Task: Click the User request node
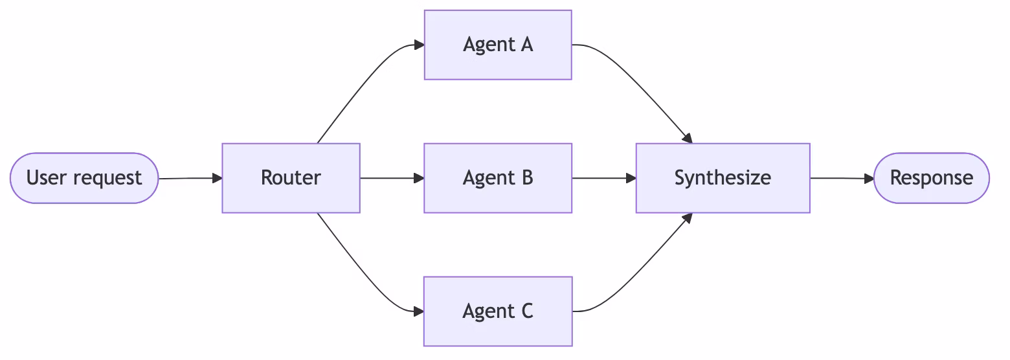(x=84, y=178)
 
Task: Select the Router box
(x=291, y=178)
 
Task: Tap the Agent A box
(x=497, y=45)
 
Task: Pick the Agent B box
(x=497, y=178)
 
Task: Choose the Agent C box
(x=497, y=311)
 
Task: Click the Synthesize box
(x=723, y=178)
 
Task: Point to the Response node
(x=931, y=178)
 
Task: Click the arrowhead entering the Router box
(x=217, y=178)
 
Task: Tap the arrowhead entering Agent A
(x=419, y=45)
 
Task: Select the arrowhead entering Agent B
(x=419, y=178)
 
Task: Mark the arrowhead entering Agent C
(x=419, y=311)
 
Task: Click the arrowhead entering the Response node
(x=869, y=178)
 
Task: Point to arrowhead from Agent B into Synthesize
(x=631, y=178)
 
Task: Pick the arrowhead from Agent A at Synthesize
(x=688, y=139)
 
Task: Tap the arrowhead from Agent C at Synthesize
(x=688, y=218)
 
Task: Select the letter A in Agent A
(x=526, y=45)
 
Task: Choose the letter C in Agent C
(x=526, y=311)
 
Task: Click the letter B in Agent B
(x=526, y=178)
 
